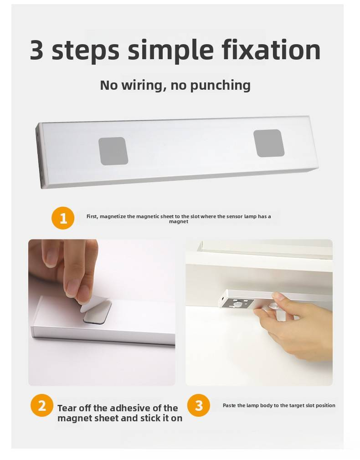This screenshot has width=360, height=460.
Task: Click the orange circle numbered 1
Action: coord(63,218)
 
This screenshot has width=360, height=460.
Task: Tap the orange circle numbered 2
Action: coord(42,405)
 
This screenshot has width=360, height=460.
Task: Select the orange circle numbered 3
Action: coord(199,405)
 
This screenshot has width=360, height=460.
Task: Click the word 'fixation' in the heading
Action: coord(271,50)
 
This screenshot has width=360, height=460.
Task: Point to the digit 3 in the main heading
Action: coord(37,50)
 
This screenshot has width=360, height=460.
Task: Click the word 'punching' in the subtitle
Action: coord(221,86)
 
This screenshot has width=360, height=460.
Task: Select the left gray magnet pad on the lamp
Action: coord(113,151)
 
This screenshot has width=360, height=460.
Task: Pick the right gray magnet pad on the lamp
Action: coord(269,143)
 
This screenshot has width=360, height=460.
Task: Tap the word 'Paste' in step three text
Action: coord(229,405)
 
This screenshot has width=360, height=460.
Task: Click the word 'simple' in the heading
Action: coord(170,51)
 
